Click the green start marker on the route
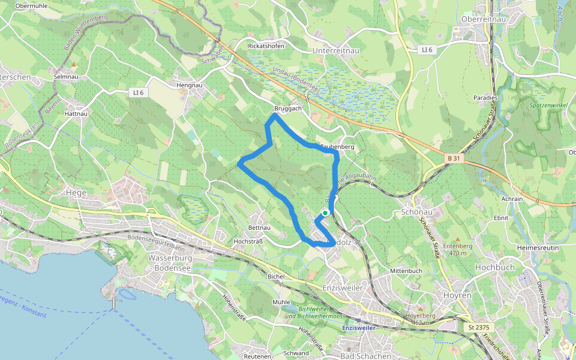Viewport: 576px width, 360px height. pos(325,212)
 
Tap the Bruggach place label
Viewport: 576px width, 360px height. pos(287,109)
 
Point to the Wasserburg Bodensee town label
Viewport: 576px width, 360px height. pos(169,262)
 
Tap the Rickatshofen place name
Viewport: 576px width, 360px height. pos(265,46)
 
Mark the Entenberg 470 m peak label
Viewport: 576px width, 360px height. pos(458,250)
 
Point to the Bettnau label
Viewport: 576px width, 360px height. pos(259,228)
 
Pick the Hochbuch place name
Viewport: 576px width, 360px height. pos(494,267)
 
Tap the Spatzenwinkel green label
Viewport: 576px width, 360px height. pos(548,106)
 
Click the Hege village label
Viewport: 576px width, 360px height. pos(76,193)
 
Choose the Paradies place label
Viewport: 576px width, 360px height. pos(485,97)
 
